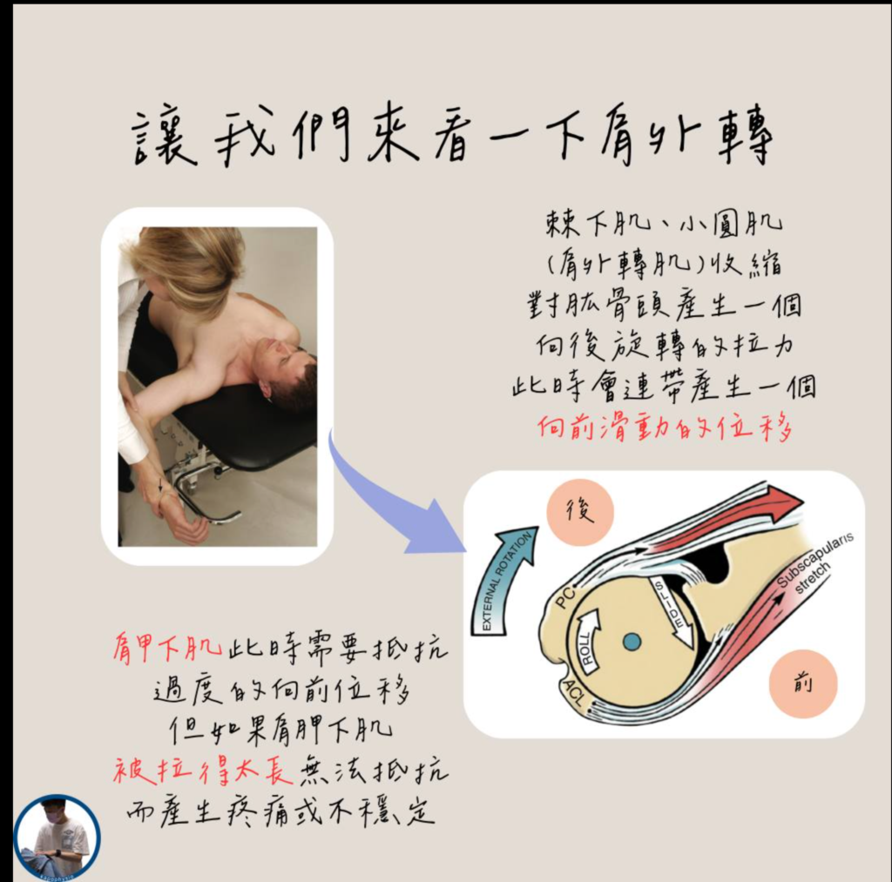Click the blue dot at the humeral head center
(x=632, y=642)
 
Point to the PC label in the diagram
(x=565, y=597)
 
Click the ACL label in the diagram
(x=573, y=691)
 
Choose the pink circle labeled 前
(x=802, y=684)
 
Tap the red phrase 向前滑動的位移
(x=665, y=427)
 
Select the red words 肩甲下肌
(x=166, y=649)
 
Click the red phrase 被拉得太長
(x=202, y=772)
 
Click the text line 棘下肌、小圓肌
(x=664, y=225)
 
